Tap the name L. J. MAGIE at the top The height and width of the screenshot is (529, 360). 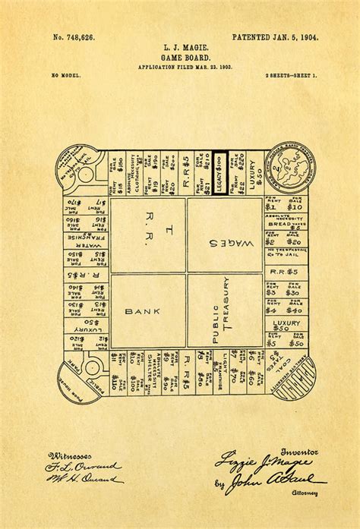tap(179, 48)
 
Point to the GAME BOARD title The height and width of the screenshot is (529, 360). tap(179, 58)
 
